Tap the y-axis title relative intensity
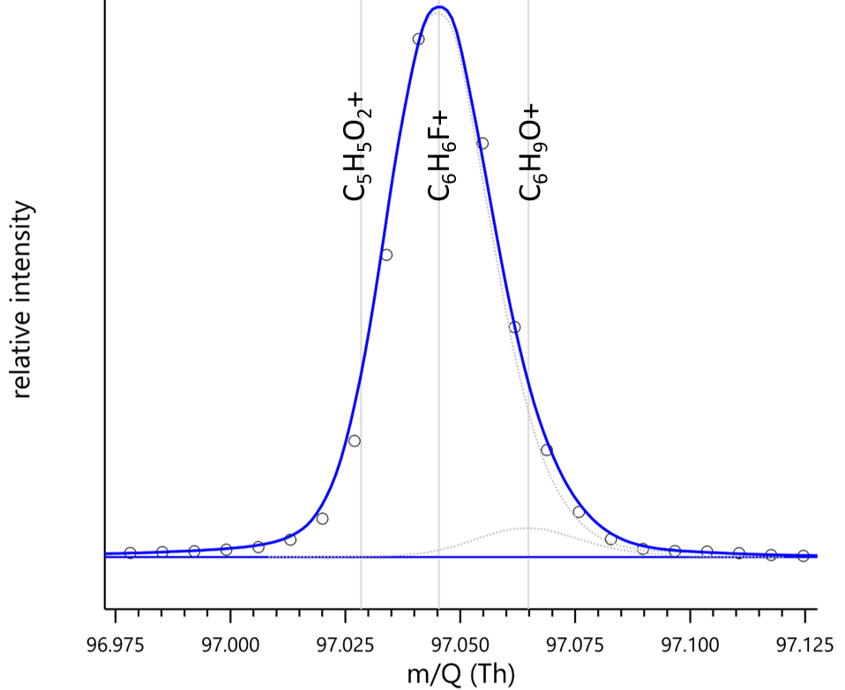point(23,300)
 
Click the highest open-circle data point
point(418,39)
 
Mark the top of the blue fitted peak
point(438,7)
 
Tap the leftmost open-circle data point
point(131,553)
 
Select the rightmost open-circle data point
point(803,556)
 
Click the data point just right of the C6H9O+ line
point(546,450)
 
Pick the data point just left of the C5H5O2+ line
point(354,441)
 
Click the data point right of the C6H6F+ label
point(482,144)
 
